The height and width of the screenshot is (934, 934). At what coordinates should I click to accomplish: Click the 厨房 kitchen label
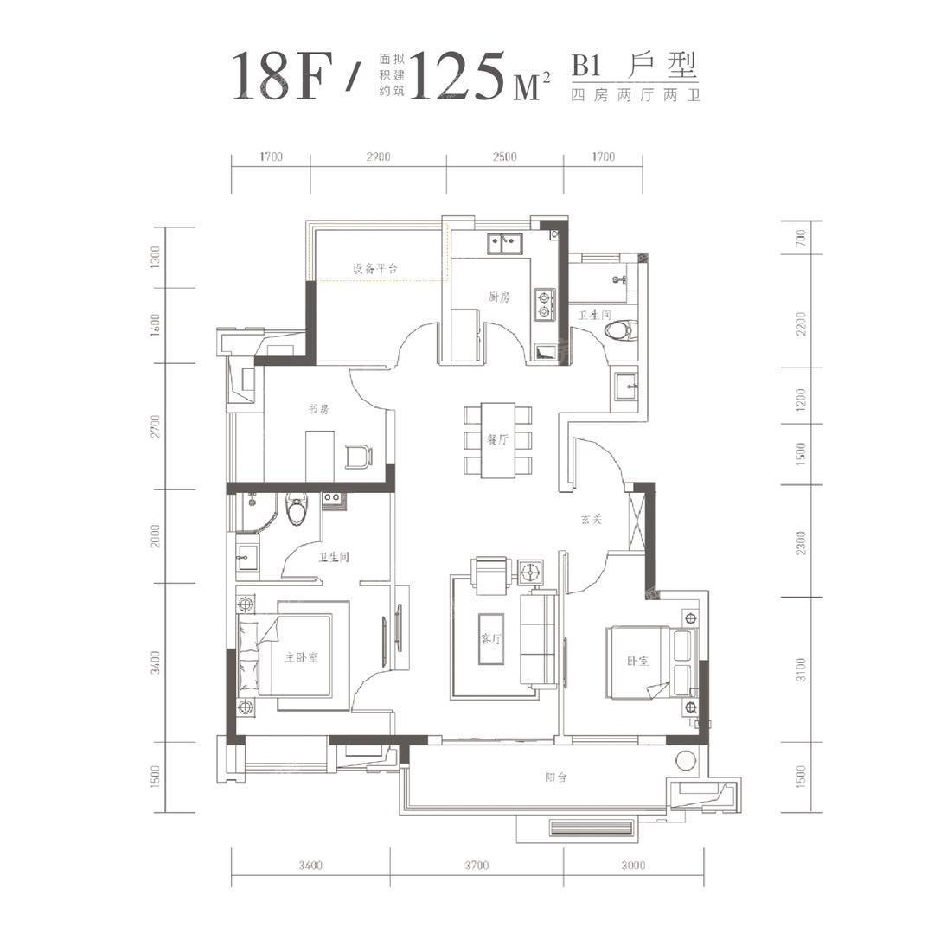coord(499,297)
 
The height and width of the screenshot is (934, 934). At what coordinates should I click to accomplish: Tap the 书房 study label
coord(318,409)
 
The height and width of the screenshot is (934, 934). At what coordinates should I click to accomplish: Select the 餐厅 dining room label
coord(497,440)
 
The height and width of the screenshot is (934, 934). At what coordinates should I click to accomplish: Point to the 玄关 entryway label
coord(592,519)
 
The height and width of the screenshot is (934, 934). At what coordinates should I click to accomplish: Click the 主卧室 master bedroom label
coord(301,657)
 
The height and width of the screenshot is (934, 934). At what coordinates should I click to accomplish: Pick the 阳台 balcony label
coord(555,777)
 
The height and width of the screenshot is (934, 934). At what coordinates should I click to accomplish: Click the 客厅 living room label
coord(491,638)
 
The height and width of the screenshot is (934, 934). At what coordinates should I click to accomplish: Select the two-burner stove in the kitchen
coord(544,304)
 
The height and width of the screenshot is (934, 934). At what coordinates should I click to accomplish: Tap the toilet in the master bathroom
coord(296,509)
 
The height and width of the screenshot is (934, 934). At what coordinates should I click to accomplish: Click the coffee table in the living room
coord(491,638)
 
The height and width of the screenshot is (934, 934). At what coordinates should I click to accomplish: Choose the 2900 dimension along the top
coord(378,157)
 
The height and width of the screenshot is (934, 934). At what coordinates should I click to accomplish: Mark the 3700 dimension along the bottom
coord(477,865)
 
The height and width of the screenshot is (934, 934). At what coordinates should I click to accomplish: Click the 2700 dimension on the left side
coord(156,426)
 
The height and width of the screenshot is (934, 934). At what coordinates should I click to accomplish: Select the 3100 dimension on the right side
coord(801,669)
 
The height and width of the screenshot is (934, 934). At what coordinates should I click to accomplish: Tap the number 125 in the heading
coord(457,75)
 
